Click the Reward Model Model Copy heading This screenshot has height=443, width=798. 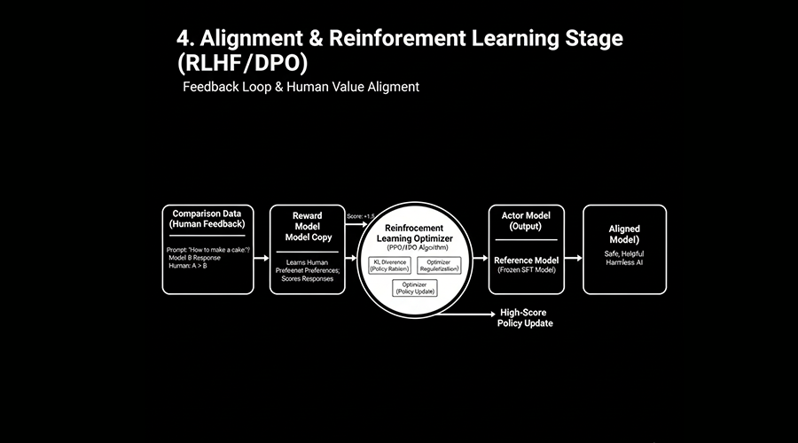307,226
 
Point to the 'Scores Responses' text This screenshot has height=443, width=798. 307,278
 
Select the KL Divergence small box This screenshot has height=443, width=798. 389,265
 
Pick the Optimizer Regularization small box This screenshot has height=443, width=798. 439,265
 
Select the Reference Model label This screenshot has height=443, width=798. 526,260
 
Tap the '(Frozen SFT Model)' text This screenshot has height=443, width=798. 526,269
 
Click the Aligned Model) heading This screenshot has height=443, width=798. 624,234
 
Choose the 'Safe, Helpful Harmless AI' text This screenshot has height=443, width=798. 624,259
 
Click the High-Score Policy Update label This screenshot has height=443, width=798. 526,317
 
